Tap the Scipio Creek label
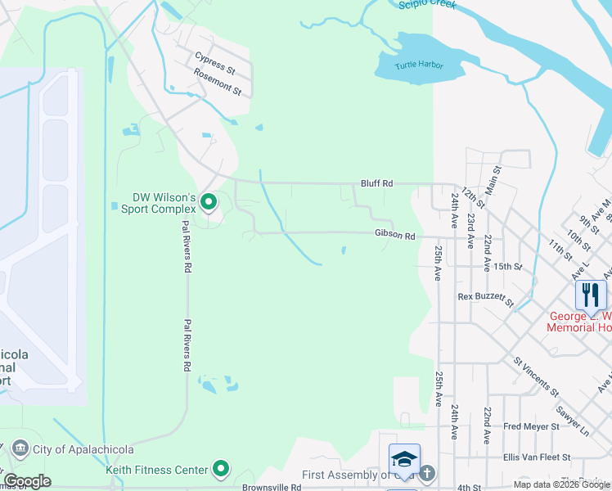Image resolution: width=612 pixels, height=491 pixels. [427, 5]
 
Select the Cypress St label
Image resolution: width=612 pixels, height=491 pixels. [214, 60]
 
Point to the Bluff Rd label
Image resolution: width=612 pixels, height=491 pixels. [377, 184]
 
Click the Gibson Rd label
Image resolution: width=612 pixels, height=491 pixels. [395, 236]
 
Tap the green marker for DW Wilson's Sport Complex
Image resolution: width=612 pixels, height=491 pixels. [209, 201]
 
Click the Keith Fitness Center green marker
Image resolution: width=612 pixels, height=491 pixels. [220, 470]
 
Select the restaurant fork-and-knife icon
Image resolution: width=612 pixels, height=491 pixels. [591, 294]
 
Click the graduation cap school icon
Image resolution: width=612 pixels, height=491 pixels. [404, 459]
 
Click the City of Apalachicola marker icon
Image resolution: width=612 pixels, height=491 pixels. [19, 448]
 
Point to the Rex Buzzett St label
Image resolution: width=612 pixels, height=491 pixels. [485, 298]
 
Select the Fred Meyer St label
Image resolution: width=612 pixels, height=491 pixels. [531, 426]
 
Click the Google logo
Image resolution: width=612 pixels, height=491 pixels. [27, 481]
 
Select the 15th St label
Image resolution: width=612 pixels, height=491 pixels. [507, 267]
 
